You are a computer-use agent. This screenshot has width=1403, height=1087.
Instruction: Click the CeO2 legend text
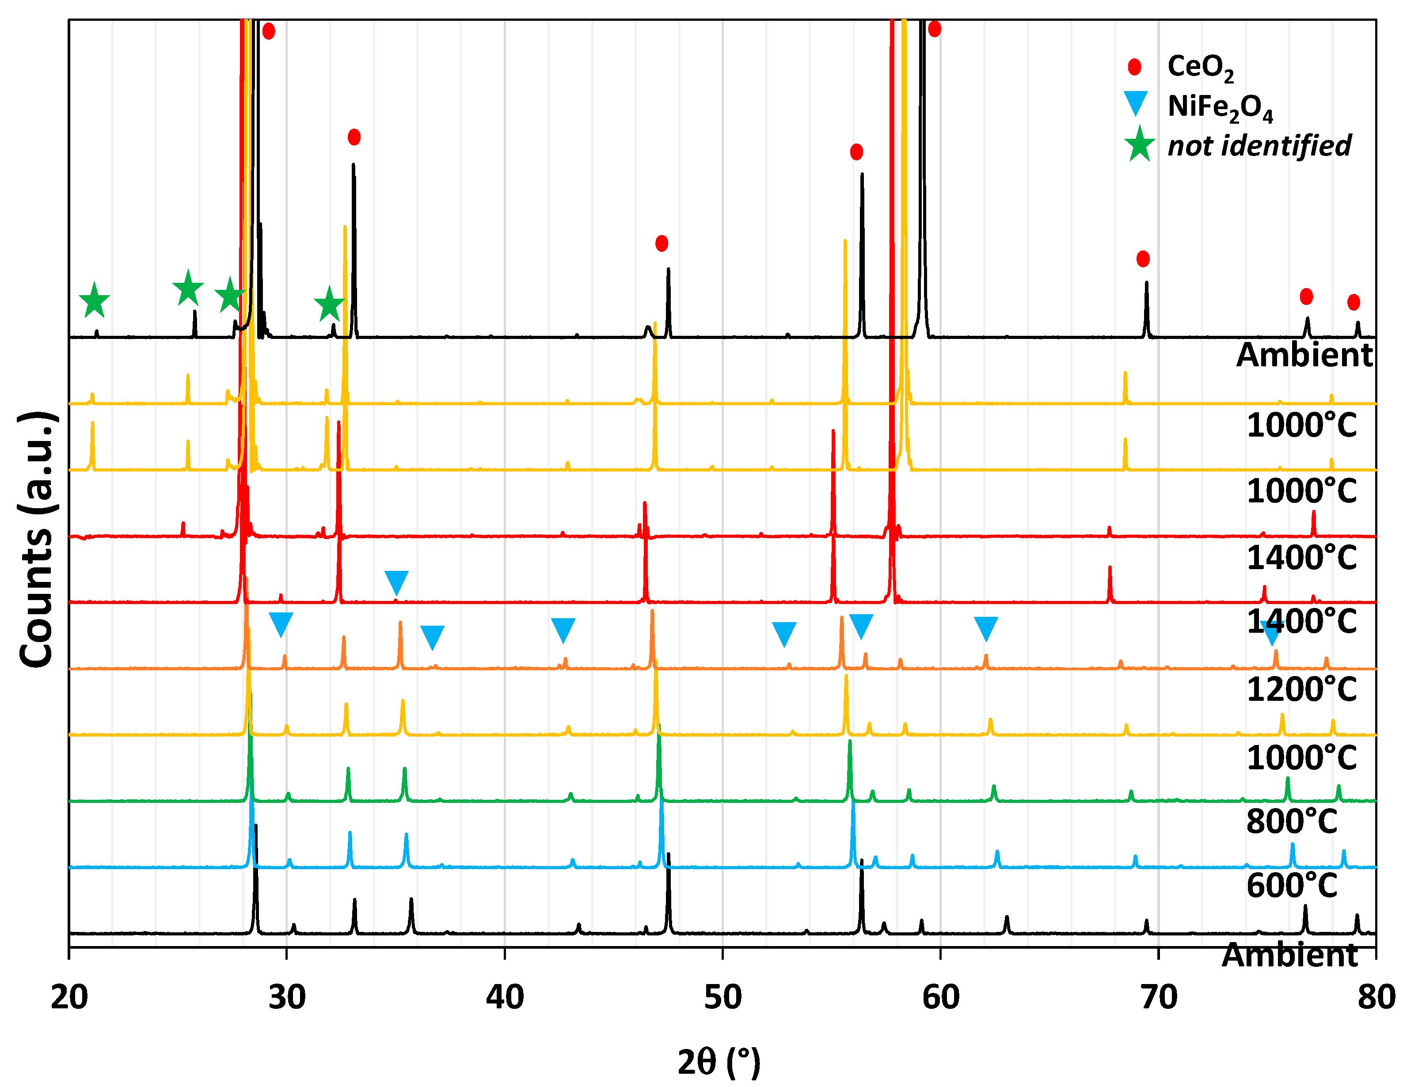(1200, 67)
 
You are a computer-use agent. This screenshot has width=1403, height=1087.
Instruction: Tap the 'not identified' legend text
(1259, 146)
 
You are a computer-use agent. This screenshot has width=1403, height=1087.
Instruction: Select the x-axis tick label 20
(69, 997)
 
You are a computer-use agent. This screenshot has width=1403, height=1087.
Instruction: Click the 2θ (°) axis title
(718, 1061)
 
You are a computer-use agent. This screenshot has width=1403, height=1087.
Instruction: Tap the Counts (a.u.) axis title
(37, 540)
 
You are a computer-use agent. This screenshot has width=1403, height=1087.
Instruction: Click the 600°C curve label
(1291, 886)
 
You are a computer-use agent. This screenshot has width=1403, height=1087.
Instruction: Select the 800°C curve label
(1291, 821)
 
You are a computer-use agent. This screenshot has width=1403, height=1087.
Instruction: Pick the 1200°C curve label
(1301, 690)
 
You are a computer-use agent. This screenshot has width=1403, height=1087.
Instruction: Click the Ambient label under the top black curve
(1304, 355)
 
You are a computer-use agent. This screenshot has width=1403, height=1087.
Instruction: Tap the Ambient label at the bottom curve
(1289, 954)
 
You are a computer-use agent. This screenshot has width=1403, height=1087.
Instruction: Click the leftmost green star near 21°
(95, 300)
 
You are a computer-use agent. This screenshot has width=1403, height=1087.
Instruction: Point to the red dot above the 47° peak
(662, 243)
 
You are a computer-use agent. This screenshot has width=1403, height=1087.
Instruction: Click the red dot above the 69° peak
(1143, 259)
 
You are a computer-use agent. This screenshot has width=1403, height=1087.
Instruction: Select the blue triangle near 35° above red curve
(396, 582)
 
